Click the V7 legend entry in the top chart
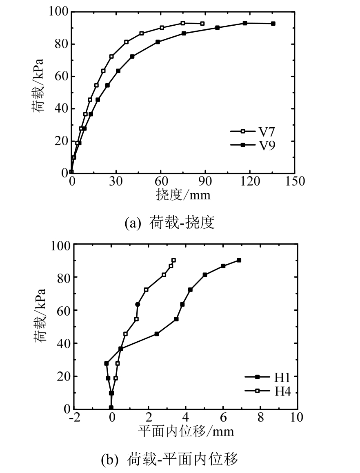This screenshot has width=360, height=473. (x=253, y=131)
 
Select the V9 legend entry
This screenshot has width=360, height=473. (x=253, y=144)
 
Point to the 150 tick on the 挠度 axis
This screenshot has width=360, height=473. (x=293, y=181)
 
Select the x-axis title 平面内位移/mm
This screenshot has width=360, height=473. (x=186, y=431)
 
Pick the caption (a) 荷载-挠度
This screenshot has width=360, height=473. (x=169, y=223)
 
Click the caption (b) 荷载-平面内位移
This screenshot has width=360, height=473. (x=169, y=460)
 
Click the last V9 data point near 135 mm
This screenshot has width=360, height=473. (x=273, y=24)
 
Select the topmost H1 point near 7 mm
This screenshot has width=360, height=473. (x=239, y=260)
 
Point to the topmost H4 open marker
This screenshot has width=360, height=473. (x=173, y=260)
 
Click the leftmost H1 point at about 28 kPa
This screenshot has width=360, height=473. (x=107, y=363)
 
